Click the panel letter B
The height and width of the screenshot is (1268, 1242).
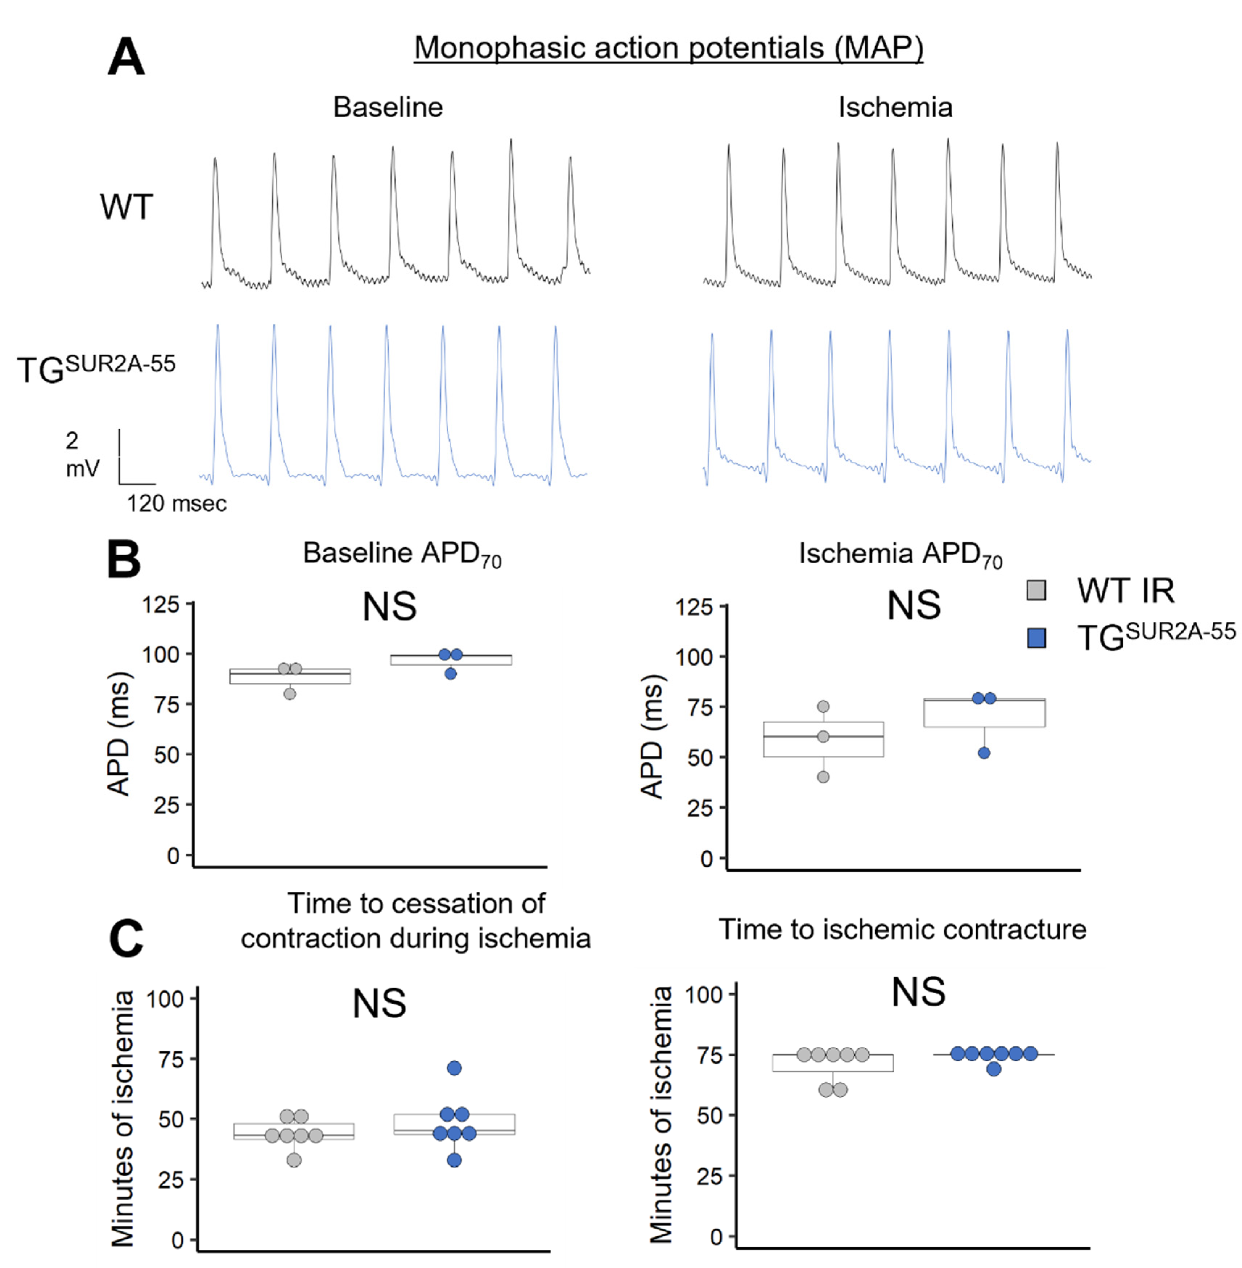(124, 561)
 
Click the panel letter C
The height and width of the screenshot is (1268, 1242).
(126, 939)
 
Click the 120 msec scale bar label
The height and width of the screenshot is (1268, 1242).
(176, 503)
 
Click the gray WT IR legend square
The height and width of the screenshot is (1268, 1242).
(1036, 590)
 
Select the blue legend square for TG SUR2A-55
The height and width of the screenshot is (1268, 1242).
(1036, 638)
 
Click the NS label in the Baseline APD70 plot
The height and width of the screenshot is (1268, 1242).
(389, 606)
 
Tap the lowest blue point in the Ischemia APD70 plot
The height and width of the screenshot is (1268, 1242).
(984, 753)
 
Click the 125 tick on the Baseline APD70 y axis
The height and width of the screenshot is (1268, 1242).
(161, 605)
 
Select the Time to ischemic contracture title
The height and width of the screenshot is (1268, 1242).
(902, 929)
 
